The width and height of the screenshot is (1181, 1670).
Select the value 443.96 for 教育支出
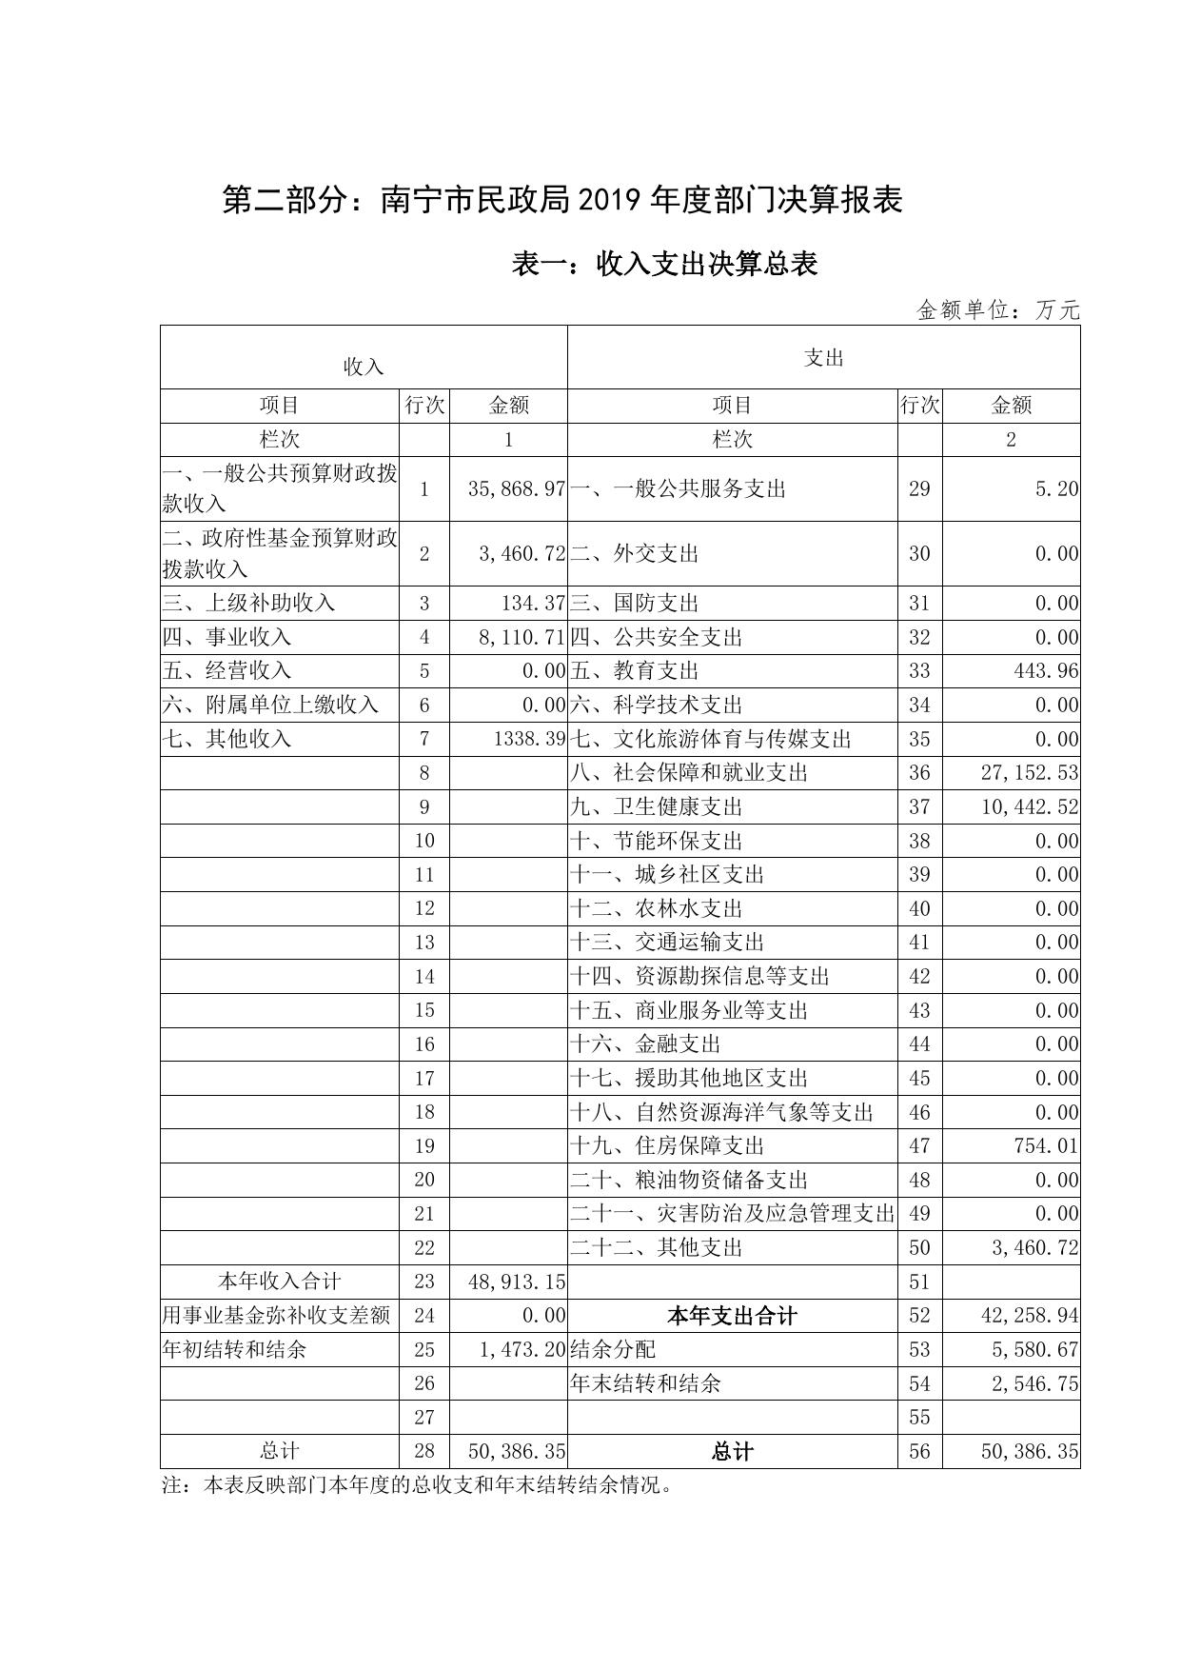point(1044,671)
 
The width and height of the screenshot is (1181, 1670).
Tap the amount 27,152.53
point(1030,772)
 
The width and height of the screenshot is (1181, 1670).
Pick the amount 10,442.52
point(1030,806)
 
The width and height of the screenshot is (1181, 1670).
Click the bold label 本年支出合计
point(732,1316)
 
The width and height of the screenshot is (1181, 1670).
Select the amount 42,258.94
point(1030,1316)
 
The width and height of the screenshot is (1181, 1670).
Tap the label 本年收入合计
point(280,1282)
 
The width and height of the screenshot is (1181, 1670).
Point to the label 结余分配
point(613,1349)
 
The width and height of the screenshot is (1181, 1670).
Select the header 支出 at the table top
point(823,358)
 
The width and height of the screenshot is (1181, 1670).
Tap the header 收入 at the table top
point(364,367)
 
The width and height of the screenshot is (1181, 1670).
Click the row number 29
point(919,489)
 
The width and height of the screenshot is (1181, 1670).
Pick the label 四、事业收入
point(227,637)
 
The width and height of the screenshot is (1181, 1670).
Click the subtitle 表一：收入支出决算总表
point(664,264)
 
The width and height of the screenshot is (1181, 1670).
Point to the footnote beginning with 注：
point(418,1485)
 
